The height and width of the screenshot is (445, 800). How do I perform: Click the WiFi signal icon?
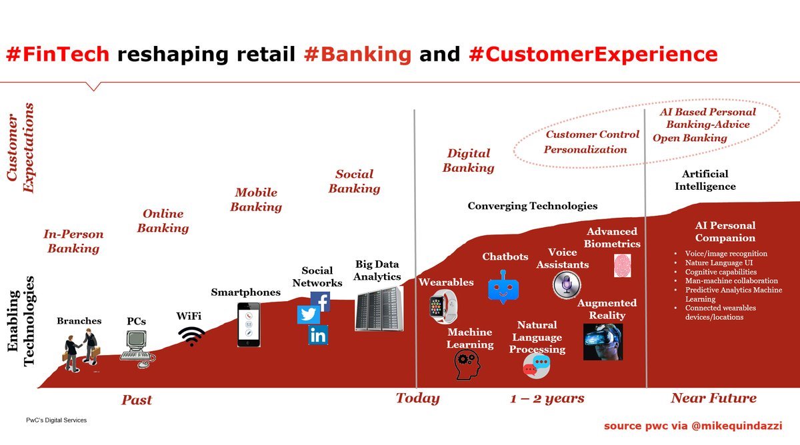tap(192, 336)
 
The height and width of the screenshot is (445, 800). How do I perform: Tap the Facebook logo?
tap(321, 302)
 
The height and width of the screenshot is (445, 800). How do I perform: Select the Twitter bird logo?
tap(308, 314)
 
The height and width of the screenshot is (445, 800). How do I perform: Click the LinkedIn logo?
tap(318, 335)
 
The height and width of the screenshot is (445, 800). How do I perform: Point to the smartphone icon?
tap(249, 324)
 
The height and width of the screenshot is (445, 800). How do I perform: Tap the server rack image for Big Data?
tap(379, 308)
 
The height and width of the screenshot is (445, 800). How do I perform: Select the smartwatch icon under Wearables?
tap(443, 306)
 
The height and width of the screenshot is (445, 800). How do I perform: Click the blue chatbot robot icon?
tap(504, 288)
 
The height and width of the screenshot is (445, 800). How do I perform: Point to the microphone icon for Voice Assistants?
tap(567, 286)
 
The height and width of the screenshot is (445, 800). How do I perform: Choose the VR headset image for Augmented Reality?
tap(603, 342)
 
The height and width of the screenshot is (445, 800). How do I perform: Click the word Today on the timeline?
tap(417, 398)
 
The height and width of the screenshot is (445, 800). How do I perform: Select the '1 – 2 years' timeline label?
tap(547, 398)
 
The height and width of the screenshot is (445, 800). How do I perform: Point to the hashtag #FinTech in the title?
tap(57, 54)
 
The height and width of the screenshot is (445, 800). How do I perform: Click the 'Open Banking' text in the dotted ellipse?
tap(689, 138)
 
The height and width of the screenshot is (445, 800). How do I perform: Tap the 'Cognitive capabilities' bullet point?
tap(721, 272)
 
